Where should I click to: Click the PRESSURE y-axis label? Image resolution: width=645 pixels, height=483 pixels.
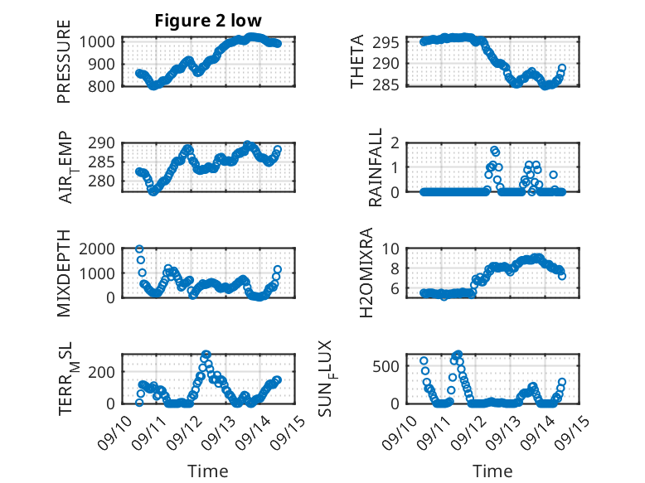coord(64,68)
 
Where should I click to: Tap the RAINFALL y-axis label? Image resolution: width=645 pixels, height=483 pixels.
coord(375,167)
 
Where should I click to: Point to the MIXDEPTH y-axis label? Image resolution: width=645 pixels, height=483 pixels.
coord(64,273)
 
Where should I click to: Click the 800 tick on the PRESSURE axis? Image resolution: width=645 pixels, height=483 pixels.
coord(104,85)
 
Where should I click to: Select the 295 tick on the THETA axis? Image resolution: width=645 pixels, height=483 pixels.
coord(391,42)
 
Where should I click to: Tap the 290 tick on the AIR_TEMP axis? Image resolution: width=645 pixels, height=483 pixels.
coord(104,142)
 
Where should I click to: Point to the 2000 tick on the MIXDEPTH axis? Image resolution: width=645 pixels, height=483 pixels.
coord(99,249)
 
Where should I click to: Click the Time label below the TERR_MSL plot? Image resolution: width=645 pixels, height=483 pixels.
coord(208,471)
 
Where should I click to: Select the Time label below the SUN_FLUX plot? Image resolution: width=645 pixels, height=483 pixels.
coord(492,471)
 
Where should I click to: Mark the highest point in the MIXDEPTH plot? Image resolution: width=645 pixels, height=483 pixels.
coord(139,249)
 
